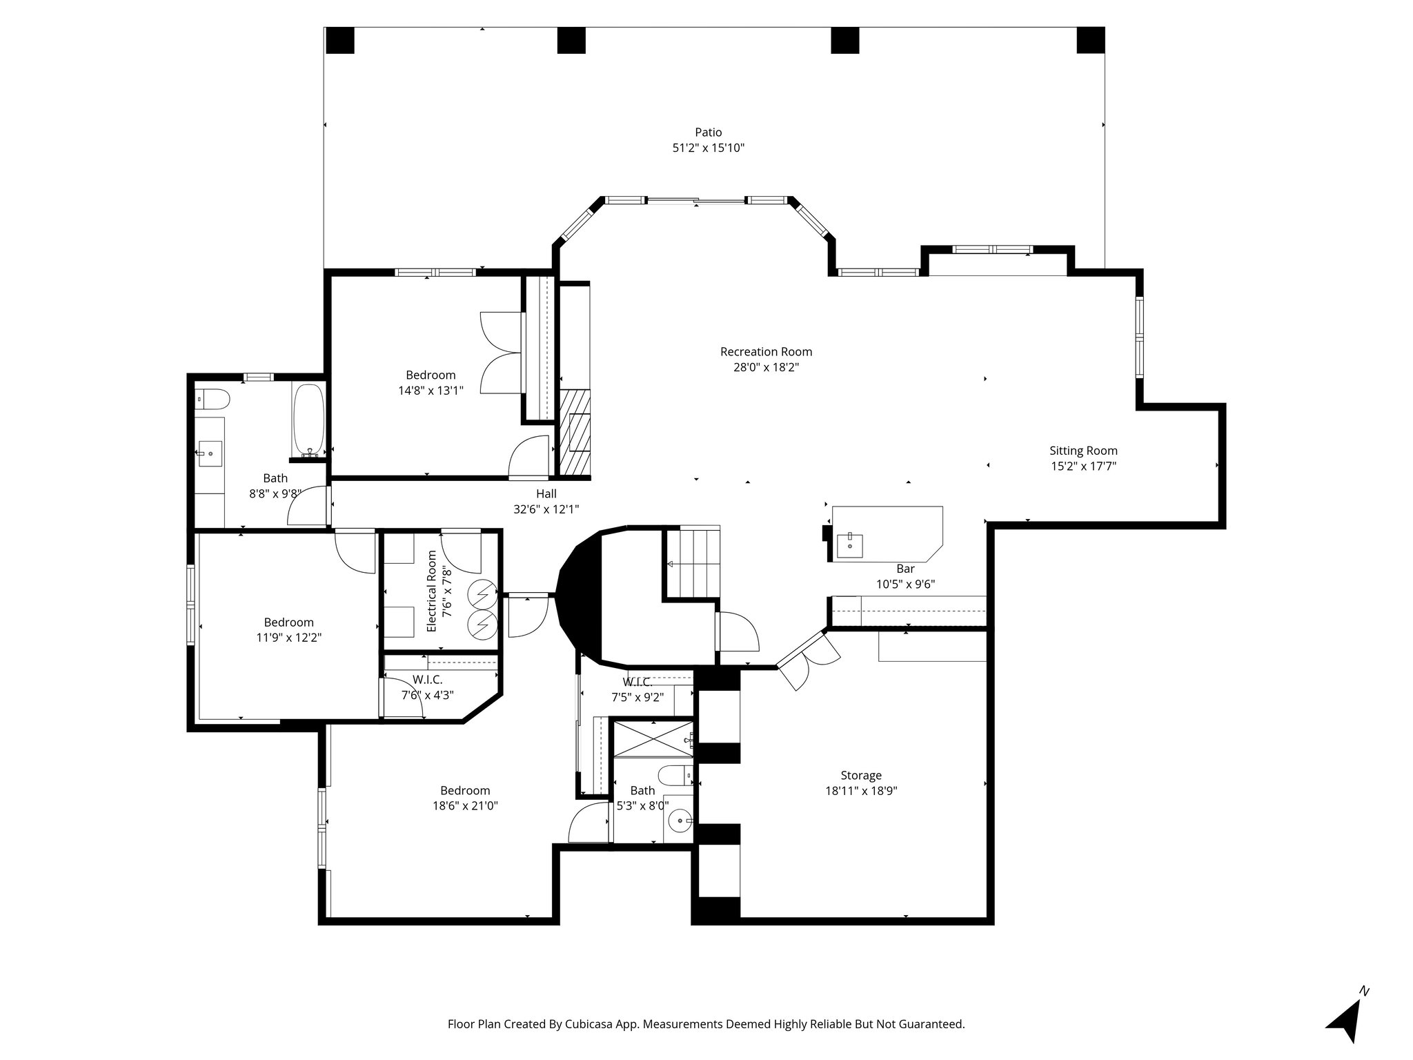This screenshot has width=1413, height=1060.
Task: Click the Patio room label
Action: pos(708,132)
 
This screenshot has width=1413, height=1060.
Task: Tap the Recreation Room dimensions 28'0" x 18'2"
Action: pos(766,368)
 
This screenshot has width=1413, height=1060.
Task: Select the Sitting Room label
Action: pos(1083,451)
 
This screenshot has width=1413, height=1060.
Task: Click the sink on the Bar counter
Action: pos(849,545)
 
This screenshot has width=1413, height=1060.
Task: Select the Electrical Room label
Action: pos(433,591)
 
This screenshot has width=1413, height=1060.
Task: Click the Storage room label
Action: pos(860,776)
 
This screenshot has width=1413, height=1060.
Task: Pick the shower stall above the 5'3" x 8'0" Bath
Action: pos(652,739)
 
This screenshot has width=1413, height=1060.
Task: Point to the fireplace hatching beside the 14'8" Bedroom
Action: pos(575,432)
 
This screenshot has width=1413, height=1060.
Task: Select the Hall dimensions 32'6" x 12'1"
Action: pos(546,509)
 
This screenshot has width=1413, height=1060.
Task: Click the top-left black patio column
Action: pos(339,41)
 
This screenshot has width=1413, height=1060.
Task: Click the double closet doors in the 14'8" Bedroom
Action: pos(501,353)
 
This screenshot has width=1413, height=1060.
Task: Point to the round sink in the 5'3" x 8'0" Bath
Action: pos(679,821)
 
